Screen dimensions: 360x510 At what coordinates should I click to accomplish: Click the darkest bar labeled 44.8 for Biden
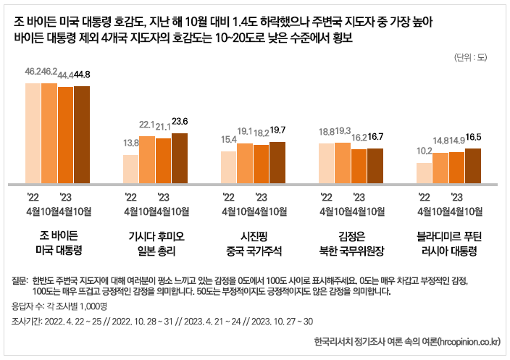(82, 135)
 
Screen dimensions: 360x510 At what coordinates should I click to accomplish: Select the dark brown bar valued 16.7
(375, 166)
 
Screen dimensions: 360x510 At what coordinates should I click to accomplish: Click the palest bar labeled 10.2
(424, 173)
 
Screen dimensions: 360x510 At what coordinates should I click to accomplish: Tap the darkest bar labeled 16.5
(472, 166)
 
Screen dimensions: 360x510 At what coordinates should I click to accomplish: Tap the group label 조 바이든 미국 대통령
(58, 243)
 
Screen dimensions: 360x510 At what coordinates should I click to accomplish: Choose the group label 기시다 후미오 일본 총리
(156, 243)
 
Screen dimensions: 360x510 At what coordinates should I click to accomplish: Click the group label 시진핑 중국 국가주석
(254, 243)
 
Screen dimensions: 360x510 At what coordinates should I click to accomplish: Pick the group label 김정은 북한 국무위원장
(352, 243)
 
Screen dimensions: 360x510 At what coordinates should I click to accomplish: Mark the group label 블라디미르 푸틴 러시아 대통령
(450, 243)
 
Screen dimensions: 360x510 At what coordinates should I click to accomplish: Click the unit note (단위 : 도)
(472, 56)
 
